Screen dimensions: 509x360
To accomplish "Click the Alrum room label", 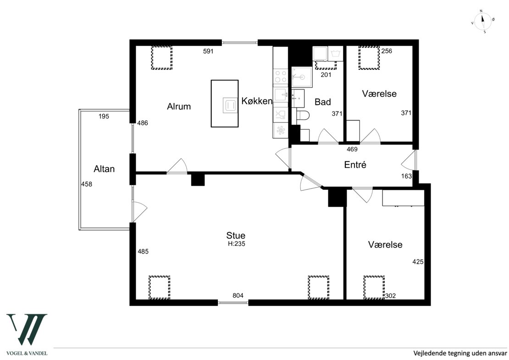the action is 178,106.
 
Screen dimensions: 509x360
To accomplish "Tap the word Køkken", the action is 257,101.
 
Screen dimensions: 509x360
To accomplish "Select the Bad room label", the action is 323,102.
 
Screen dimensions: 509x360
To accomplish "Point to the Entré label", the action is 355,165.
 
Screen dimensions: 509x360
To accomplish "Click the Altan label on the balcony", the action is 104,169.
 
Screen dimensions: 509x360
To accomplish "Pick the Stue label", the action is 236,235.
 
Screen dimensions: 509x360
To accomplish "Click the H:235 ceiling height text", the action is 236,244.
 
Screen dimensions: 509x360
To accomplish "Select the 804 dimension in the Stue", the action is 238,295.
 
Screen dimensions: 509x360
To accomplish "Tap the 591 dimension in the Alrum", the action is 208,51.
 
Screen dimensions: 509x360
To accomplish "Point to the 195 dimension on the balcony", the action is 104,116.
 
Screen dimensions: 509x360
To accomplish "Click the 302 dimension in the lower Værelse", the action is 390,296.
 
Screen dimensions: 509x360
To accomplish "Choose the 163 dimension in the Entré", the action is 406,176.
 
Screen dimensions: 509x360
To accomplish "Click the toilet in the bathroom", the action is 303,115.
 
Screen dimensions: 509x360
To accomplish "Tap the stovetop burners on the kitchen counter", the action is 281,76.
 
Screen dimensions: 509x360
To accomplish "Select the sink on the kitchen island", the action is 230,105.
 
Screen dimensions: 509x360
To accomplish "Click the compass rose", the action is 483,22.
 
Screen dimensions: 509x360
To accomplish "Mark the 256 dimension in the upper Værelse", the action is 387,51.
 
